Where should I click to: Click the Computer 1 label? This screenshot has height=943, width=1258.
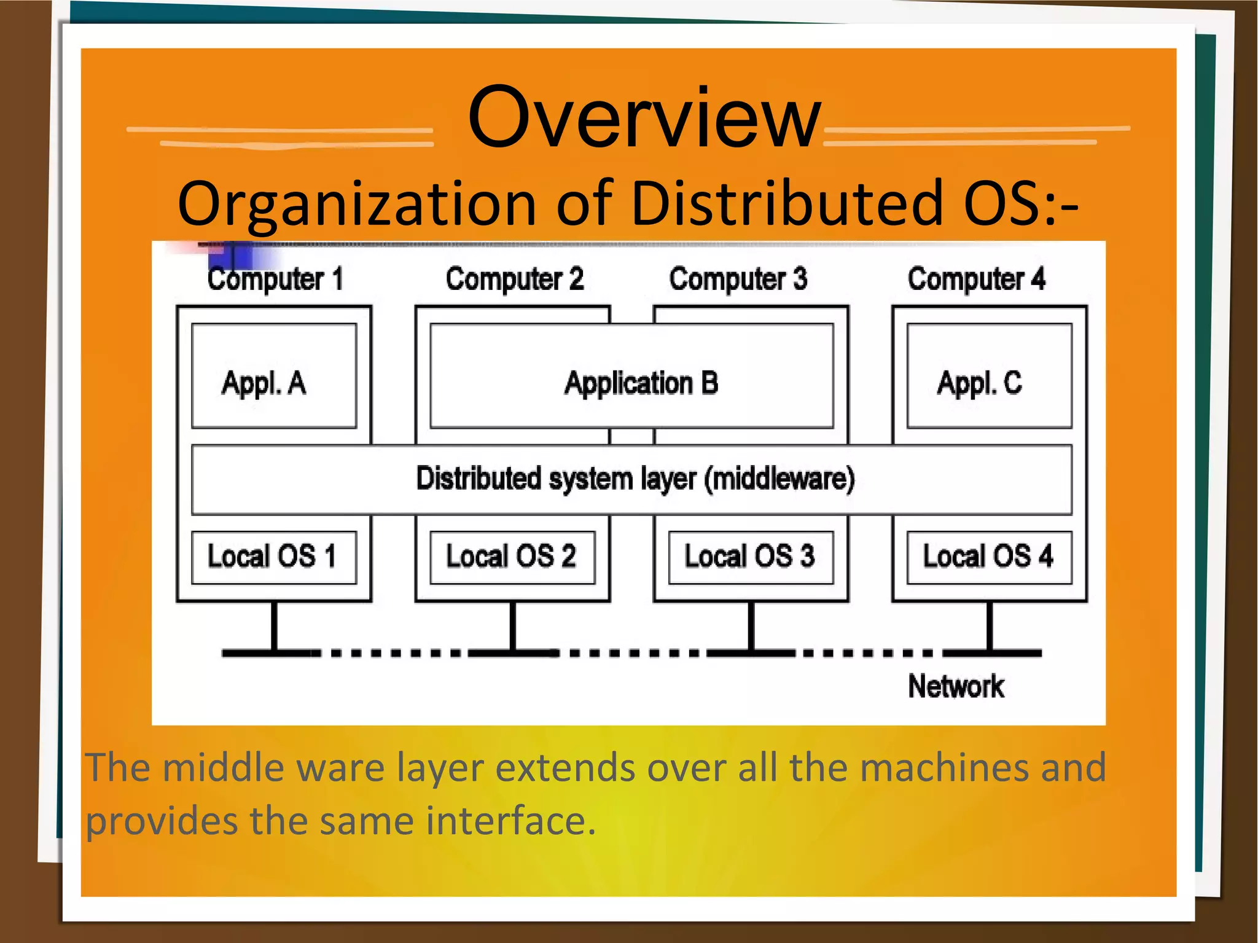[x=275, y=280]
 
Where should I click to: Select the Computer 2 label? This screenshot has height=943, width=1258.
[x=514, y=280]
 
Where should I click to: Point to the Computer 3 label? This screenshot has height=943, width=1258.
[x=738, y=280]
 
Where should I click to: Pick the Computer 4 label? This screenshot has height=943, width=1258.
[x=976, y=280]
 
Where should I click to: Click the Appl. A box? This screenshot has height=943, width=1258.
[x=274, y=376]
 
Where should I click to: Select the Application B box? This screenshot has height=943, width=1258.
[x=631, y=376]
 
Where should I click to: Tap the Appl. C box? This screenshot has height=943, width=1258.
[x=989, y=376]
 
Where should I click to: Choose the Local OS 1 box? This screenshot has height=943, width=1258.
[x=274, y=557]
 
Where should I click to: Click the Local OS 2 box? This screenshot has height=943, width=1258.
[x=512, y=557]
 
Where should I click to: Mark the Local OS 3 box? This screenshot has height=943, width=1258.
[x=751, y=557]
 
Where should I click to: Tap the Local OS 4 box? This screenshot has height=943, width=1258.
[x=989, y=557]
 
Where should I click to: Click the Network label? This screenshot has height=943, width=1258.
[x=956, y=686]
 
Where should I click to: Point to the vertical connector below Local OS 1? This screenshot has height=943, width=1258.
[x=274, y=625]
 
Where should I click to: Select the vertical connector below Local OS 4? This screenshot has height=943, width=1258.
[x=990, y=625]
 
